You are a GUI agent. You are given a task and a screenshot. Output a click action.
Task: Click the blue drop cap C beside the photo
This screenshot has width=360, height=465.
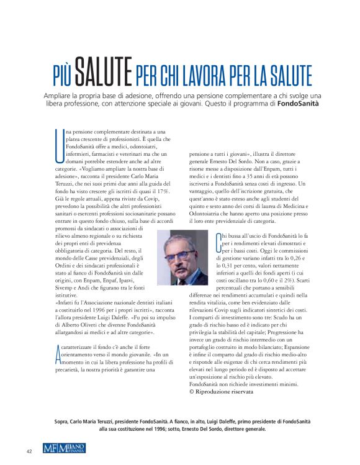[x=218, y=240]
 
